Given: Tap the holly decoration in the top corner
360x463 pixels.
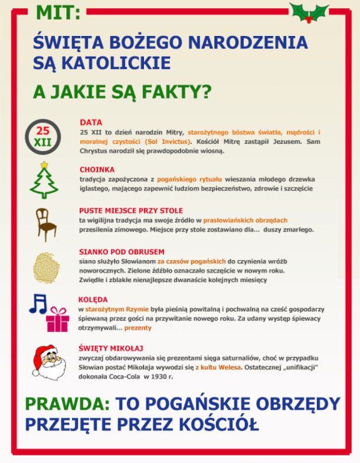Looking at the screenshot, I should point(309,12).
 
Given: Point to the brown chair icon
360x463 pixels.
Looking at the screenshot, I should point(45,224).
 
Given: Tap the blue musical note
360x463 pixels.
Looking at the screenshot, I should point(38,303).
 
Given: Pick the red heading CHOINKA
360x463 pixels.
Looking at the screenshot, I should point(97,169).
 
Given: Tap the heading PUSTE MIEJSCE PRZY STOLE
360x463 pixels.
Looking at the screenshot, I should point(130,211).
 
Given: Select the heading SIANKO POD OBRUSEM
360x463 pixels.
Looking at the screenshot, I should point(122,252).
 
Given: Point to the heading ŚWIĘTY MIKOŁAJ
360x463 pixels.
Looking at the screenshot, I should point(111,348).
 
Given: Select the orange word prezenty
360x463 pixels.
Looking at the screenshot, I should point(138,327).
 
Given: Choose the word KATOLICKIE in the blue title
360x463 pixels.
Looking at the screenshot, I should point(113,62).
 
